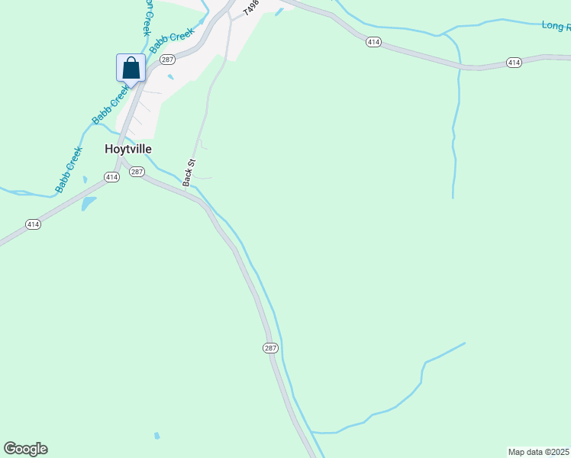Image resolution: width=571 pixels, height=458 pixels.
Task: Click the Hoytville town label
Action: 128,150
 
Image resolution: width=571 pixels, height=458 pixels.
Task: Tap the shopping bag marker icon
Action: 131,68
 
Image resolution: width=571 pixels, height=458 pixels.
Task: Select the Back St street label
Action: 190,173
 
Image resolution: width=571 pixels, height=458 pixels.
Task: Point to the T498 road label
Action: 251,8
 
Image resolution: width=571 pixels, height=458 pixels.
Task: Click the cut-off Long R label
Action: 556,26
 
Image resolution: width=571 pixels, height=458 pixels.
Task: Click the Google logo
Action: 25,449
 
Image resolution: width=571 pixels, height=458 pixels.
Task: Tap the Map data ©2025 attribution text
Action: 538,452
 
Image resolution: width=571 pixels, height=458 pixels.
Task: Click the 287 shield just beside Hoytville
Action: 137,172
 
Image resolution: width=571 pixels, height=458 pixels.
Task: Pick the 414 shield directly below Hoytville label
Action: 111,177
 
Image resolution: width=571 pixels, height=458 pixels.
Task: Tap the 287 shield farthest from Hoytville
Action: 270,348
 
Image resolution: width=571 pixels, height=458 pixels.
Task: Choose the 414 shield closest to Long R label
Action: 514,62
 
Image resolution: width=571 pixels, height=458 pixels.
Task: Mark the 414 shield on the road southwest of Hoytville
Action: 32,224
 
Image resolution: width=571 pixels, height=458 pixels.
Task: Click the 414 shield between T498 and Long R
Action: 373,41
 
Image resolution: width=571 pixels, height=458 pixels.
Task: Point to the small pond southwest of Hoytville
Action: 89,204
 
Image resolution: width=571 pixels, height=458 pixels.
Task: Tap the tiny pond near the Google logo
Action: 156,436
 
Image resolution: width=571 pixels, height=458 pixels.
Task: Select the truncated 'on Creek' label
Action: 147,17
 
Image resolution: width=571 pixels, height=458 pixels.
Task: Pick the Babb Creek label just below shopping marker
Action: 111,105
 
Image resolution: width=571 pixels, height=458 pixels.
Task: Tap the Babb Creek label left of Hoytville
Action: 68,169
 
